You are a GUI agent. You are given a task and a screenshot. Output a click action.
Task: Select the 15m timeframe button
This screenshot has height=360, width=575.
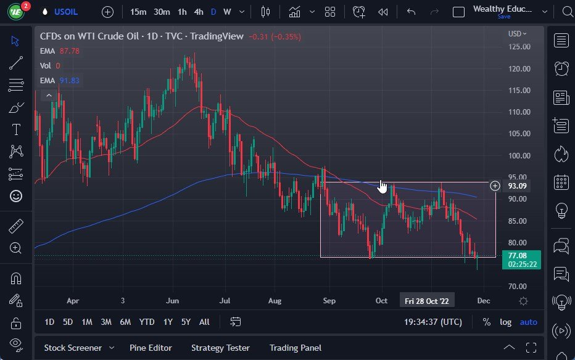[x=138, y=12]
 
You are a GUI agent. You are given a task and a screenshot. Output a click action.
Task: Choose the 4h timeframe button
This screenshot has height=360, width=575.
[x=198, y=12]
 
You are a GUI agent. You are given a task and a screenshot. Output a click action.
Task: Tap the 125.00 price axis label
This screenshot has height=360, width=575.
[x=519, y=47]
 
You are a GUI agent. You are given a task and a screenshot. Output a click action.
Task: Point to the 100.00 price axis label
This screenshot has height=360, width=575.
[x=519, y=155]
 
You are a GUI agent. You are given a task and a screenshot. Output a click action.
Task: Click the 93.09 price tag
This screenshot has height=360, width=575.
[x=516, y=186]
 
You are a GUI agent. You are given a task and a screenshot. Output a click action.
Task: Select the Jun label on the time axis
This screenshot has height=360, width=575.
[x=172, y=301]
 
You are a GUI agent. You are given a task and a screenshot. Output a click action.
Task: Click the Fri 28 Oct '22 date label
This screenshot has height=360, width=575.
[x=427, y=301]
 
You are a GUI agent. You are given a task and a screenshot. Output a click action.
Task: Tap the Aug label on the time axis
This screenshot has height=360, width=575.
[x=275, y=301]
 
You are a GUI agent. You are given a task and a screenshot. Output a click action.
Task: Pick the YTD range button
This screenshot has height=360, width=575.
[x=146, y=322]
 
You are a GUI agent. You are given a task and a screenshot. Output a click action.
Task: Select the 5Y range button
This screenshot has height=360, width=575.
[x=186, y=322]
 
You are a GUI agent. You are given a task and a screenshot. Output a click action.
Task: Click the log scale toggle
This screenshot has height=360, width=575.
[x=505, y=322]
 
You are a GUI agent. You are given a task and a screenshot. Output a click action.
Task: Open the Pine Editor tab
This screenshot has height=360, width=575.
[x=151, y=348]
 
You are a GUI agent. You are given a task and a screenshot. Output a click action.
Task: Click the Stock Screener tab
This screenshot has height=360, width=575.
[x=72, y=348]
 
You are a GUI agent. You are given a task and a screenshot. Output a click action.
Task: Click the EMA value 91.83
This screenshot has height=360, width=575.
[x=69, y=80]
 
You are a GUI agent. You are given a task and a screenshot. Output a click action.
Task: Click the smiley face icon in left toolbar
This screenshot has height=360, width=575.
[x=16, y=196]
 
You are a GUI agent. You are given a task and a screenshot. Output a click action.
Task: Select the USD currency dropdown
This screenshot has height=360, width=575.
[x=517, y=34]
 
